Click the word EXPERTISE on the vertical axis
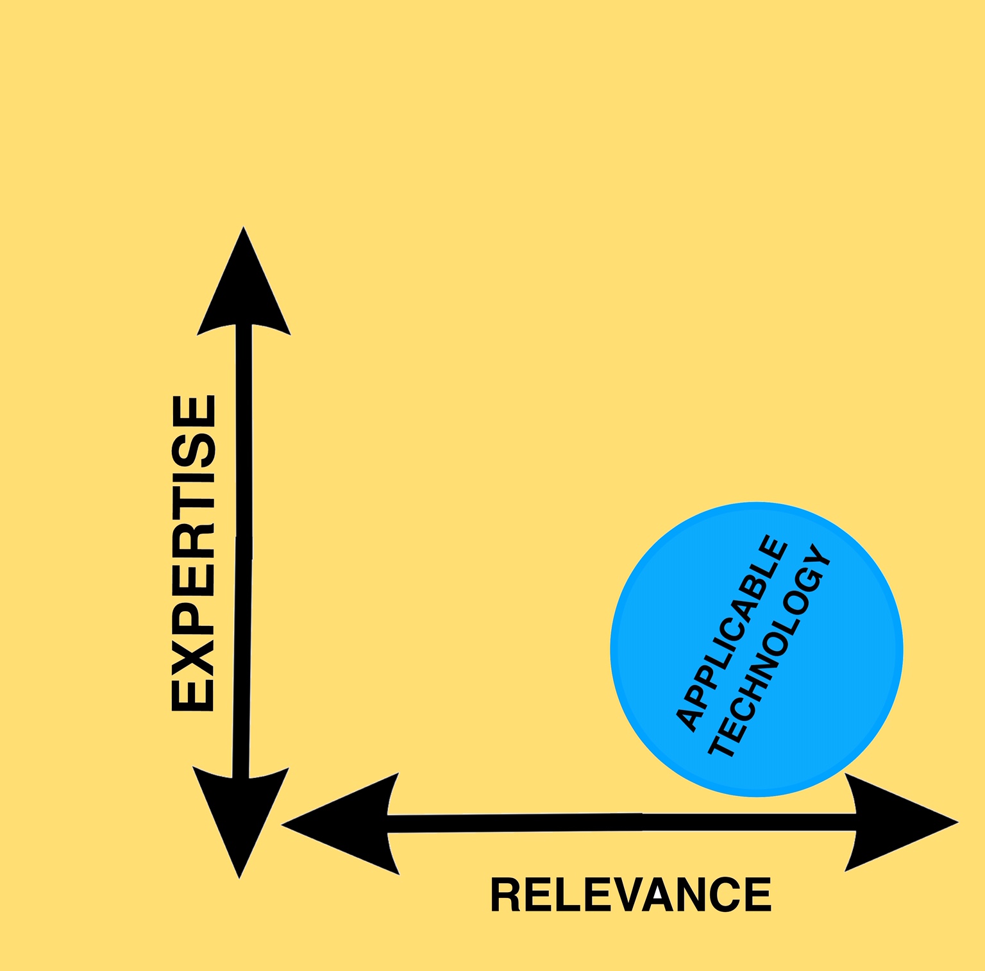pyautogui.click(x=193, y=553)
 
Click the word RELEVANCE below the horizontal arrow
pyautogui.click(x=630, y=895)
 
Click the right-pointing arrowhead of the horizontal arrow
pyautogui.click(x=898, y=822)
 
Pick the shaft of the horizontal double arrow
pyautogui.click(x=622, y=823)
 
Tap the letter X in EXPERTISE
pyautogui.click(x=193, y=645)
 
